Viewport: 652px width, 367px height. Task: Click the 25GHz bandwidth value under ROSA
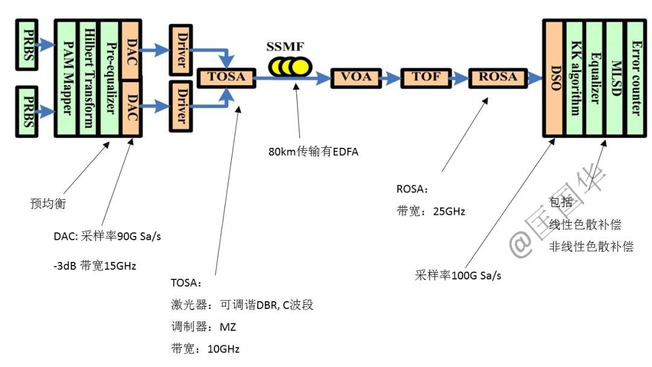pyautogui.click(x=449, y=211)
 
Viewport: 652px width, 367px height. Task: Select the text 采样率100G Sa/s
pyautogui.click(x=458, y=276)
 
